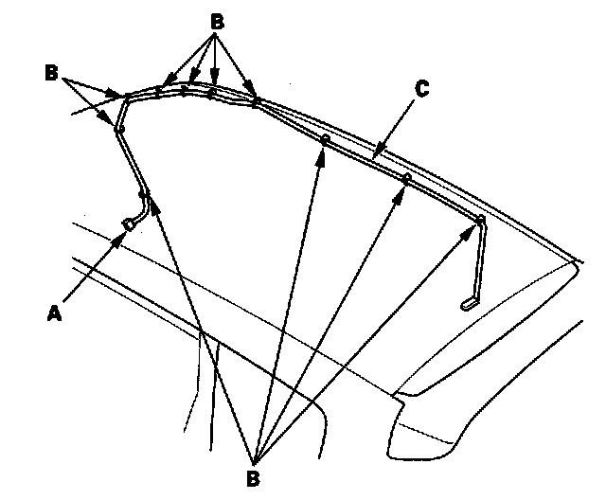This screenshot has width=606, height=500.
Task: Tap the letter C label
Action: click(421, 89)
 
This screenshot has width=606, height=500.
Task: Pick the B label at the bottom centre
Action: click(253, 478)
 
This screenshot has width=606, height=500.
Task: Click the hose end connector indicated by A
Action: click(128, 223)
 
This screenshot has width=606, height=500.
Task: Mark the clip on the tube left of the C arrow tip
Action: click(325, 140)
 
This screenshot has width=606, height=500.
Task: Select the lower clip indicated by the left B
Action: click(120, 127)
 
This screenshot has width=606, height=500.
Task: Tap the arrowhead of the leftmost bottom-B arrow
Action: click(146, 203)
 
